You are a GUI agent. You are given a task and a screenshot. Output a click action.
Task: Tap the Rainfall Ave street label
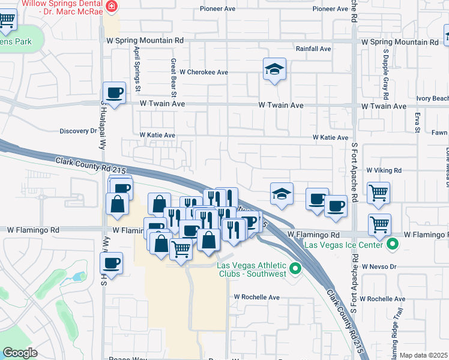[x=313, y=49]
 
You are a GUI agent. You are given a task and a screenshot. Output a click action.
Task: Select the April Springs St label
[x=137, y=70]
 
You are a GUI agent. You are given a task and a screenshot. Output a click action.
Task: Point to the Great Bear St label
[x=173, y=78]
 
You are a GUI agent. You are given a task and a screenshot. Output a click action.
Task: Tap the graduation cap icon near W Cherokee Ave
[x=274, y=70]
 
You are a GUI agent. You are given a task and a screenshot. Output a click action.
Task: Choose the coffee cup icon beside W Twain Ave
[x=114, y=93]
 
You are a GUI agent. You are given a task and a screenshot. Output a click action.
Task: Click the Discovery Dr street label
[x=78, y=131]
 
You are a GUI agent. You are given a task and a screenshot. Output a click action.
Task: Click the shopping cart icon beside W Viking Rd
[x=379, y=193]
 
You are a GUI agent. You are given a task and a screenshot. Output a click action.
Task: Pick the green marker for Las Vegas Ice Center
[x=393, y=244]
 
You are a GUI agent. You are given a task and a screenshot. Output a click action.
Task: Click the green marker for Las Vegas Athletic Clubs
[x=295, y=269]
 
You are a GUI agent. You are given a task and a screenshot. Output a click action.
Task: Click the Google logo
[x=20, y=352]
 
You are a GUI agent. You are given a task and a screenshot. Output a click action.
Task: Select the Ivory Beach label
[x=432, y=98]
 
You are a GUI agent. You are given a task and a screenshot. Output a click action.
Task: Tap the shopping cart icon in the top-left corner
[x=7, y=20]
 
